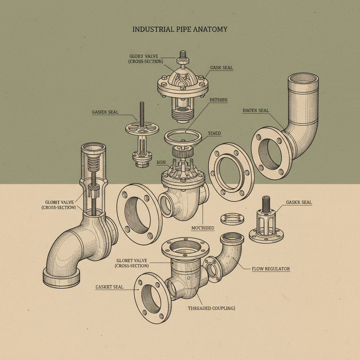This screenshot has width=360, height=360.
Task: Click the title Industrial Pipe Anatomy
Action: (180, 29)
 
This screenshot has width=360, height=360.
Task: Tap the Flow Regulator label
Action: (271, 269)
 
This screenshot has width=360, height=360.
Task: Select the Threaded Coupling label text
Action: (211, 308)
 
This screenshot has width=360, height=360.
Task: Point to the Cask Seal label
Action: (221, 67)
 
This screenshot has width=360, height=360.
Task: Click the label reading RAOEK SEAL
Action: (256, 111)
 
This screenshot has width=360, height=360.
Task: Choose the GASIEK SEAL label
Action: (105, 112)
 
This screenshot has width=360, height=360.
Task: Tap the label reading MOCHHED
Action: (202, 228)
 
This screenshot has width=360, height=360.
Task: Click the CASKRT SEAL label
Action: (109, 287)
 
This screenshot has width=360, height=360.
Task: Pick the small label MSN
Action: (161, 163)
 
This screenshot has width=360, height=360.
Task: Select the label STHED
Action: (215, 134)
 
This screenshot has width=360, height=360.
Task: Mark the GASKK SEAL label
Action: (299, 202)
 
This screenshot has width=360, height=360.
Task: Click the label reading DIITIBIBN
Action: (218, 100)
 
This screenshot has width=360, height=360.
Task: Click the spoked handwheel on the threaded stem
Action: (142, 129)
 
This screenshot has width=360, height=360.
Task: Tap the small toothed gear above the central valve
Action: (183, 152)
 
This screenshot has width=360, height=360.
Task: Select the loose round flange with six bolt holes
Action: (231, 172)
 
